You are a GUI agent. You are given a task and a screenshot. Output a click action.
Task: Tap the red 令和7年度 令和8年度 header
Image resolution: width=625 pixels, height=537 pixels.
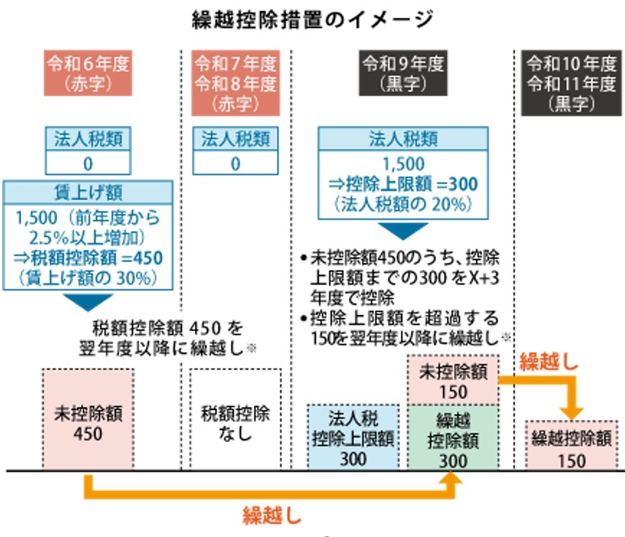point(235,83)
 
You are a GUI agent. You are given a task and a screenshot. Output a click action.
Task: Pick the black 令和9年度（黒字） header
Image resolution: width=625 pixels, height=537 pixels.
point(403,73)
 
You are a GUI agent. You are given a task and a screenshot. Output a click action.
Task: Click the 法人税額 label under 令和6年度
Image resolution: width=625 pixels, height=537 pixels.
point(88,139)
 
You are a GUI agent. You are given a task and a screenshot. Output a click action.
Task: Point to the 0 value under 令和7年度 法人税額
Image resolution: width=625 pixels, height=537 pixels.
point(235,163)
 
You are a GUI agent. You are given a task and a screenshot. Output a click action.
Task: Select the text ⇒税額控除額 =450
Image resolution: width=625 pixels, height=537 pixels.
point(88,258)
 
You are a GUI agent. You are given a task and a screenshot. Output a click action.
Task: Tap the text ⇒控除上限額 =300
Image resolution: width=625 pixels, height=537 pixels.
point(403,182)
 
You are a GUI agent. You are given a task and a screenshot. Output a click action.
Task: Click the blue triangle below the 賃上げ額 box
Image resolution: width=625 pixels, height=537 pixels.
point(88,301)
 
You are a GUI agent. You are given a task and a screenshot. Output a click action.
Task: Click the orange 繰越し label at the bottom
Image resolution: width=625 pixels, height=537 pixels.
point(272,516)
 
